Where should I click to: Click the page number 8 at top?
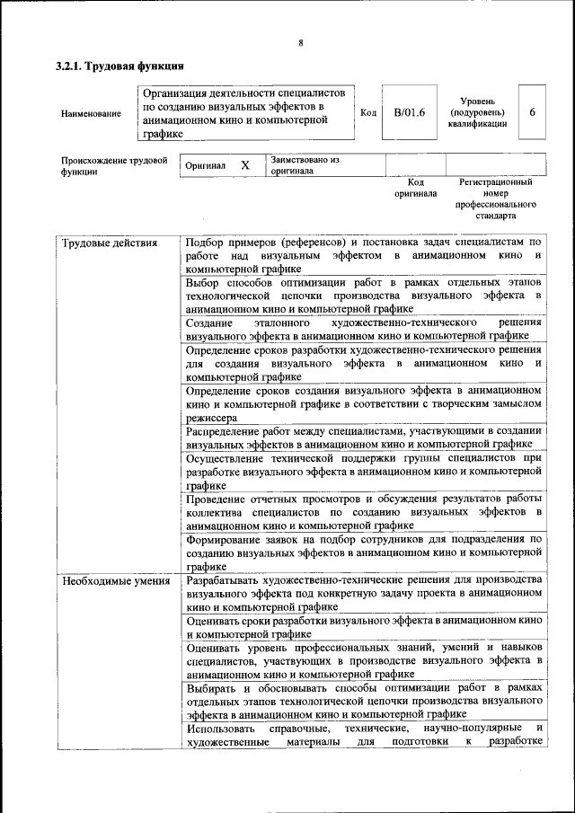click(x=301, y=42)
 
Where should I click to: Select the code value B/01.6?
click(x=409, y=113)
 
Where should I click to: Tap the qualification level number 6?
click(x=532, y=113)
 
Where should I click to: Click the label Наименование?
click(x=91, y=114)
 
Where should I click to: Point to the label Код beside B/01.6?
click(x=368, y=113)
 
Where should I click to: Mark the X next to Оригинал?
click(x=244, y=166)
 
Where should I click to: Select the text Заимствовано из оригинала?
click(x=305, y=165)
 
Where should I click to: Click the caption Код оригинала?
click(x=415, y=188)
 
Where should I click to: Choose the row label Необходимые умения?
click(x=116, y=581)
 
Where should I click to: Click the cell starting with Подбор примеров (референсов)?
click(x=363, y=255)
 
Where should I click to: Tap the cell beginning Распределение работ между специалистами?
click(x=363, y=437)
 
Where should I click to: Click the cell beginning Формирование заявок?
click(x=363, y=552)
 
